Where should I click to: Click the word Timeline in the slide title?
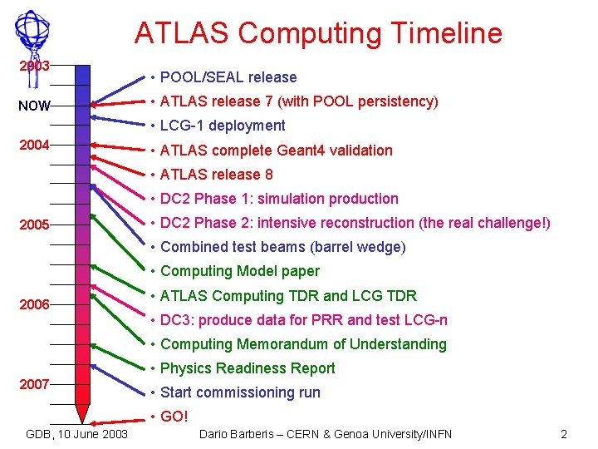[443, 33]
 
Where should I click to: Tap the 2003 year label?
[35, 66]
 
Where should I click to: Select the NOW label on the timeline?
[35, 106]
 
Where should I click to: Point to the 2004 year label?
[35, 145]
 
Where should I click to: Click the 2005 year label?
[35, 224]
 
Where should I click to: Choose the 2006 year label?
[35, 304]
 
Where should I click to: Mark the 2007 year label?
[35, 384]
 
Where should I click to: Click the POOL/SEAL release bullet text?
[228, 77]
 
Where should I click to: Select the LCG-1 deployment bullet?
[222, 126]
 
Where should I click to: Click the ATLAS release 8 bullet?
[216, 175]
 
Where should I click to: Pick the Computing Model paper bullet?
[239, 271]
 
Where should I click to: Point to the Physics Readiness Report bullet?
[247, 368]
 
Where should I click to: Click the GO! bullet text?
[174, 417]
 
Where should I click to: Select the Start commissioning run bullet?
[239, 392]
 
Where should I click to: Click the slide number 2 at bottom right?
[564, 434]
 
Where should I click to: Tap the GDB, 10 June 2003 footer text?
[77, 434]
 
